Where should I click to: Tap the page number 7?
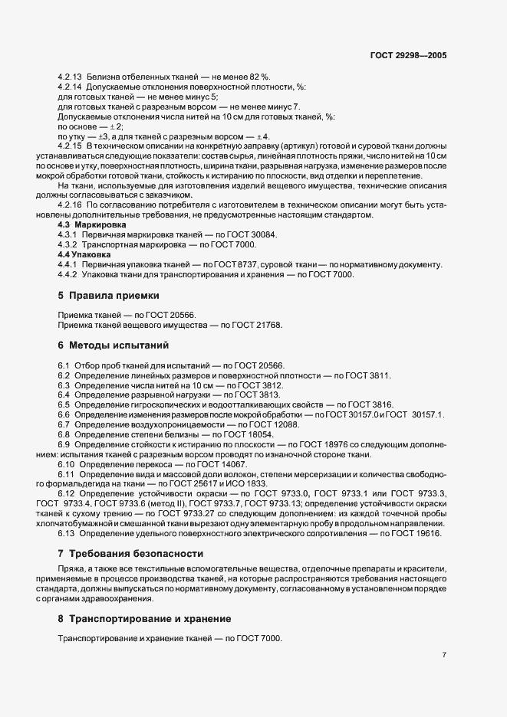click(x=445, y=655)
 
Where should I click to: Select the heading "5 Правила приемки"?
click(x=109, y=295)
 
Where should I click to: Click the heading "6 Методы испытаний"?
click(x=114, y=345)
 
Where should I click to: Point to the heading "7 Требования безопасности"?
click(x=130, y=552)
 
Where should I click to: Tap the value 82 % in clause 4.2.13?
click(x=259, y=77)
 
